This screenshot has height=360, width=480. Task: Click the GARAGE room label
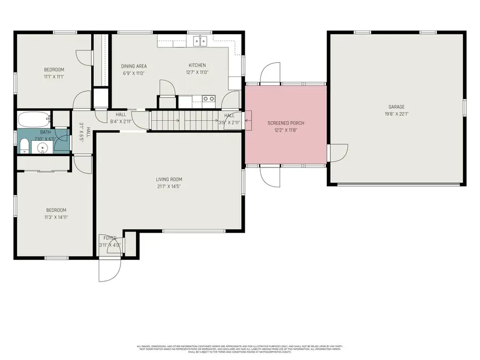tap(396, 107)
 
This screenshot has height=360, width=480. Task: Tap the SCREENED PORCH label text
tap(285, 123)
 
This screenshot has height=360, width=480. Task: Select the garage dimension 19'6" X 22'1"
tap(396, 114)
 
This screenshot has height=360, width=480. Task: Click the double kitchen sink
tap(201, 40)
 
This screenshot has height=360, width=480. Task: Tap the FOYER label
tap(110, 238)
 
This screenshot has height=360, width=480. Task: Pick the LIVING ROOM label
tap(170, 179)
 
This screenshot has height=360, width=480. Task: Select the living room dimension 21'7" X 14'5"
tap(170, 187)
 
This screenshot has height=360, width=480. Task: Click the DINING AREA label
tap(134, 66)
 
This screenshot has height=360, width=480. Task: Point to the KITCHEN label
tap(196, 66)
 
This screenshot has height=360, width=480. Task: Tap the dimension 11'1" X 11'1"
tap(54, 77)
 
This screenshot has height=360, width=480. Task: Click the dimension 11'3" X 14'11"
tap(57, 217)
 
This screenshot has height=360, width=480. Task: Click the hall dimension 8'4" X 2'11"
tap(121, 122)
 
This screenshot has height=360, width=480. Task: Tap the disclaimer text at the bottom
tap(239, 349)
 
